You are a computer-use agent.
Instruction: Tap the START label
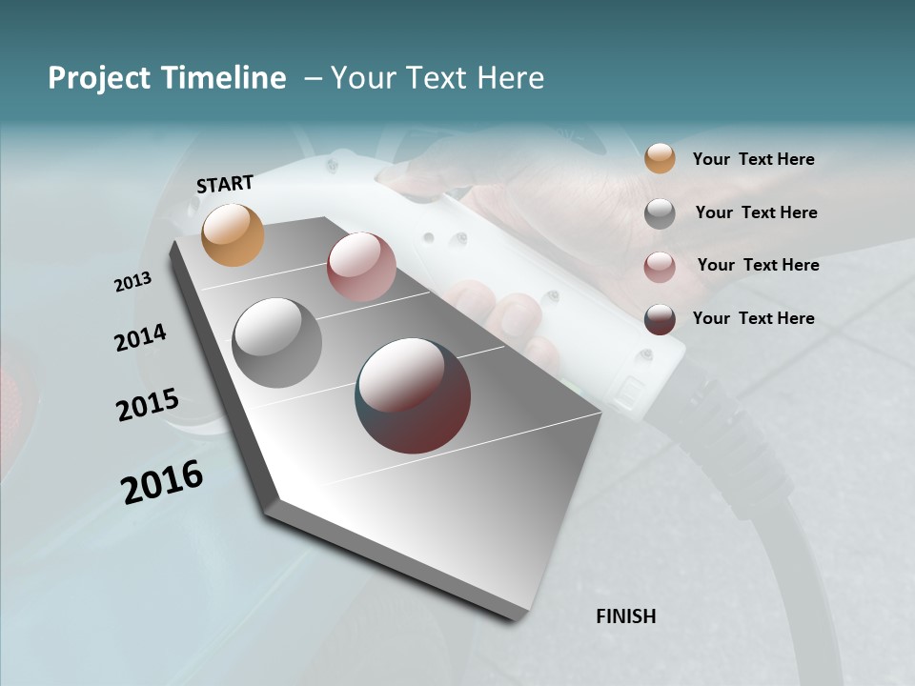coord(225,183)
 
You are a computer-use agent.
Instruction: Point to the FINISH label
coord(625,616)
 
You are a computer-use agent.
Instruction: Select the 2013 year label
coord(132,282)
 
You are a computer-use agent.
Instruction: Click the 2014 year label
coord(140,337)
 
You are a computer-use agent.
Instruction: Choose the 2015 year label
coord(147,405)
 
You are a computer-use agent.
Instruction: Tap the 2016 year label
coord(162,482)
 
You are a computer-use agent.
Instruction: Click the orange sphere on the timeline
coord(234,234)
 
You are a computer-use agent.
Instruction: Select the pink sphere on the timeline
coord(361,267)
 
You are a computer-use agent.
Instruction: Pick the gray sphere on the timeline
coord(277,343)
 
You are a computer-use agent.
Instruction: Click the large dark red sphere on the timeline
coord(413,395)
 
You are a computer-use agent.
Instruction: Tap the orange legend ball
coord(660,158)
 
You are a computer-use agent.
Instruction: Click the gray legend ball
coord(660,213)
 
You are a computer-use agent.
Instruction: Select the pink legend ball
coord(660,267)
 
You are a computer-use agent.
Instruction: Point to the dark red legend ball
coord(660,319)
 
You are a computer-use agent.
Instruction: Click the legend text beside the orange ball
coord(753,159)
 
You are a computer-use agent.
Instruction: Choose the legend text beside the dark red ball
coord(753,318)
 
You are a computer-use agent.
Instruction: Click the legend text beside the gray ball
coord(756,212)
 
